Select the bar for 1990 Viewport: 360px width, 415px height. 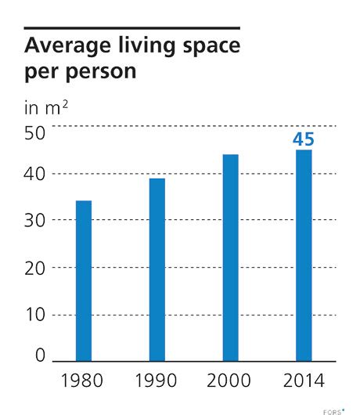157,269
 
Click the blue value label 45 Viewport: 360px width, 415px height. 304,139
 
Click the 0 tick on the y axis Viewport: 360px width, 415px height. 41,356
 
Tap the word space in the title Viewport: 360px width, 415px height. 206,47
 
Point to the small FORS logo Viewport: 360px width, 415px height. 334,406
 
